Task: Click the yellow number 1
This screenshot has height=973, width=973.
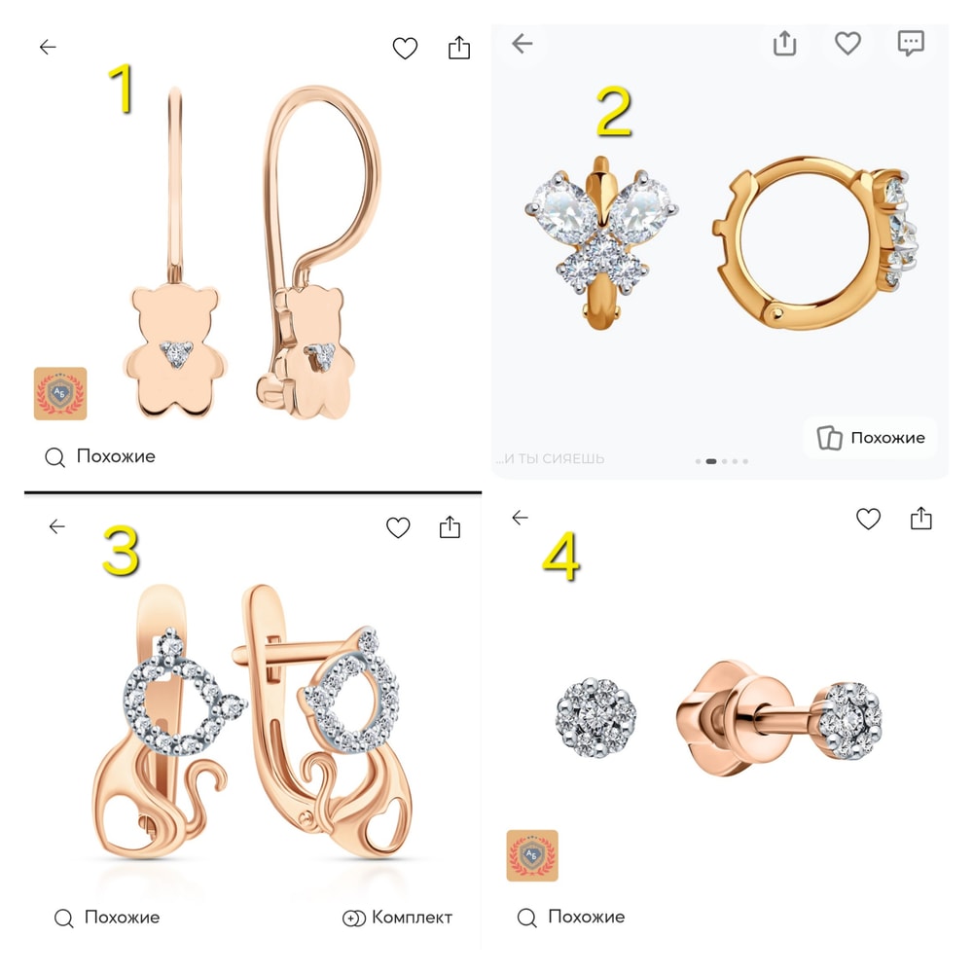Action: click(x=123, y=89)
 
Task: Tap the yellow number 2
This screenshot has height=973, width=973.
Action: click(x=614, y=112)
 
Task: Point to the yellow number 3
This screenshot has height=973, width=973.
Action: click(x=121, y=551)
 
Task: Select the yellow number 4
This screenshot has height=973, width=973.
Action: click(x=561, y=557)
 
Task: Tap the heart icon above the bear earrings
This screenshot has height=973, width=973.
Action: click(x=405, y=48)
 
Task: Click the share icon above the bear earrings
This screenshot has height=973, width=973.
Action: click(x=459, y=47)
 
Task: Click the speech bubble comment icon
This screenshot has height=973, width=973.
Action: click(x=911, y=44)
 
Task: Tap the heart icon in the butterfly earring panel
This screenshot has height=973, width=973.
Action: click(x=847, y=44)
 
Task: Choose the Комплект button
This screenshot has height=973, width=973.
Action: click(x=397, y=918)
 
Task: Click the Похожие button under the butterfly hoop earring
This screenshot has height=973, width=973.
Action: click(x=871, y=438)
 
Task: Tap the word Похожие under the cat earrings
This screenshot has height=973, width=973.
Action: click(x=123, y=918)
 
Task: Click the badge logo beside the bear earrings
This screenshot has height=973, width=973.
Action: click(x=60, y=393)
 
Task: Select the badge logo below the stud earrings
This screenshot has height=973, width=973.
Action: click(x=532, y=855)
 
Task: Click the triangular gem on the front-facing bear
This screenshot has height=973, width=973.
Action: click(x=177, y=354)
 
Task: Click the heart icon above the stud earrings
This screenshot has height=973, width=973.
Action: click(x=868, y=519)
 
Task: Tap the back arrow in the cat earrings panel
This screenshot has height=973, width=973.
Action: click(x=57, y=526)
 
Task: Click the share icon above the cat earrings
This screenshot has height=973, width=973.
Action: click(x=450, y=526)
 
